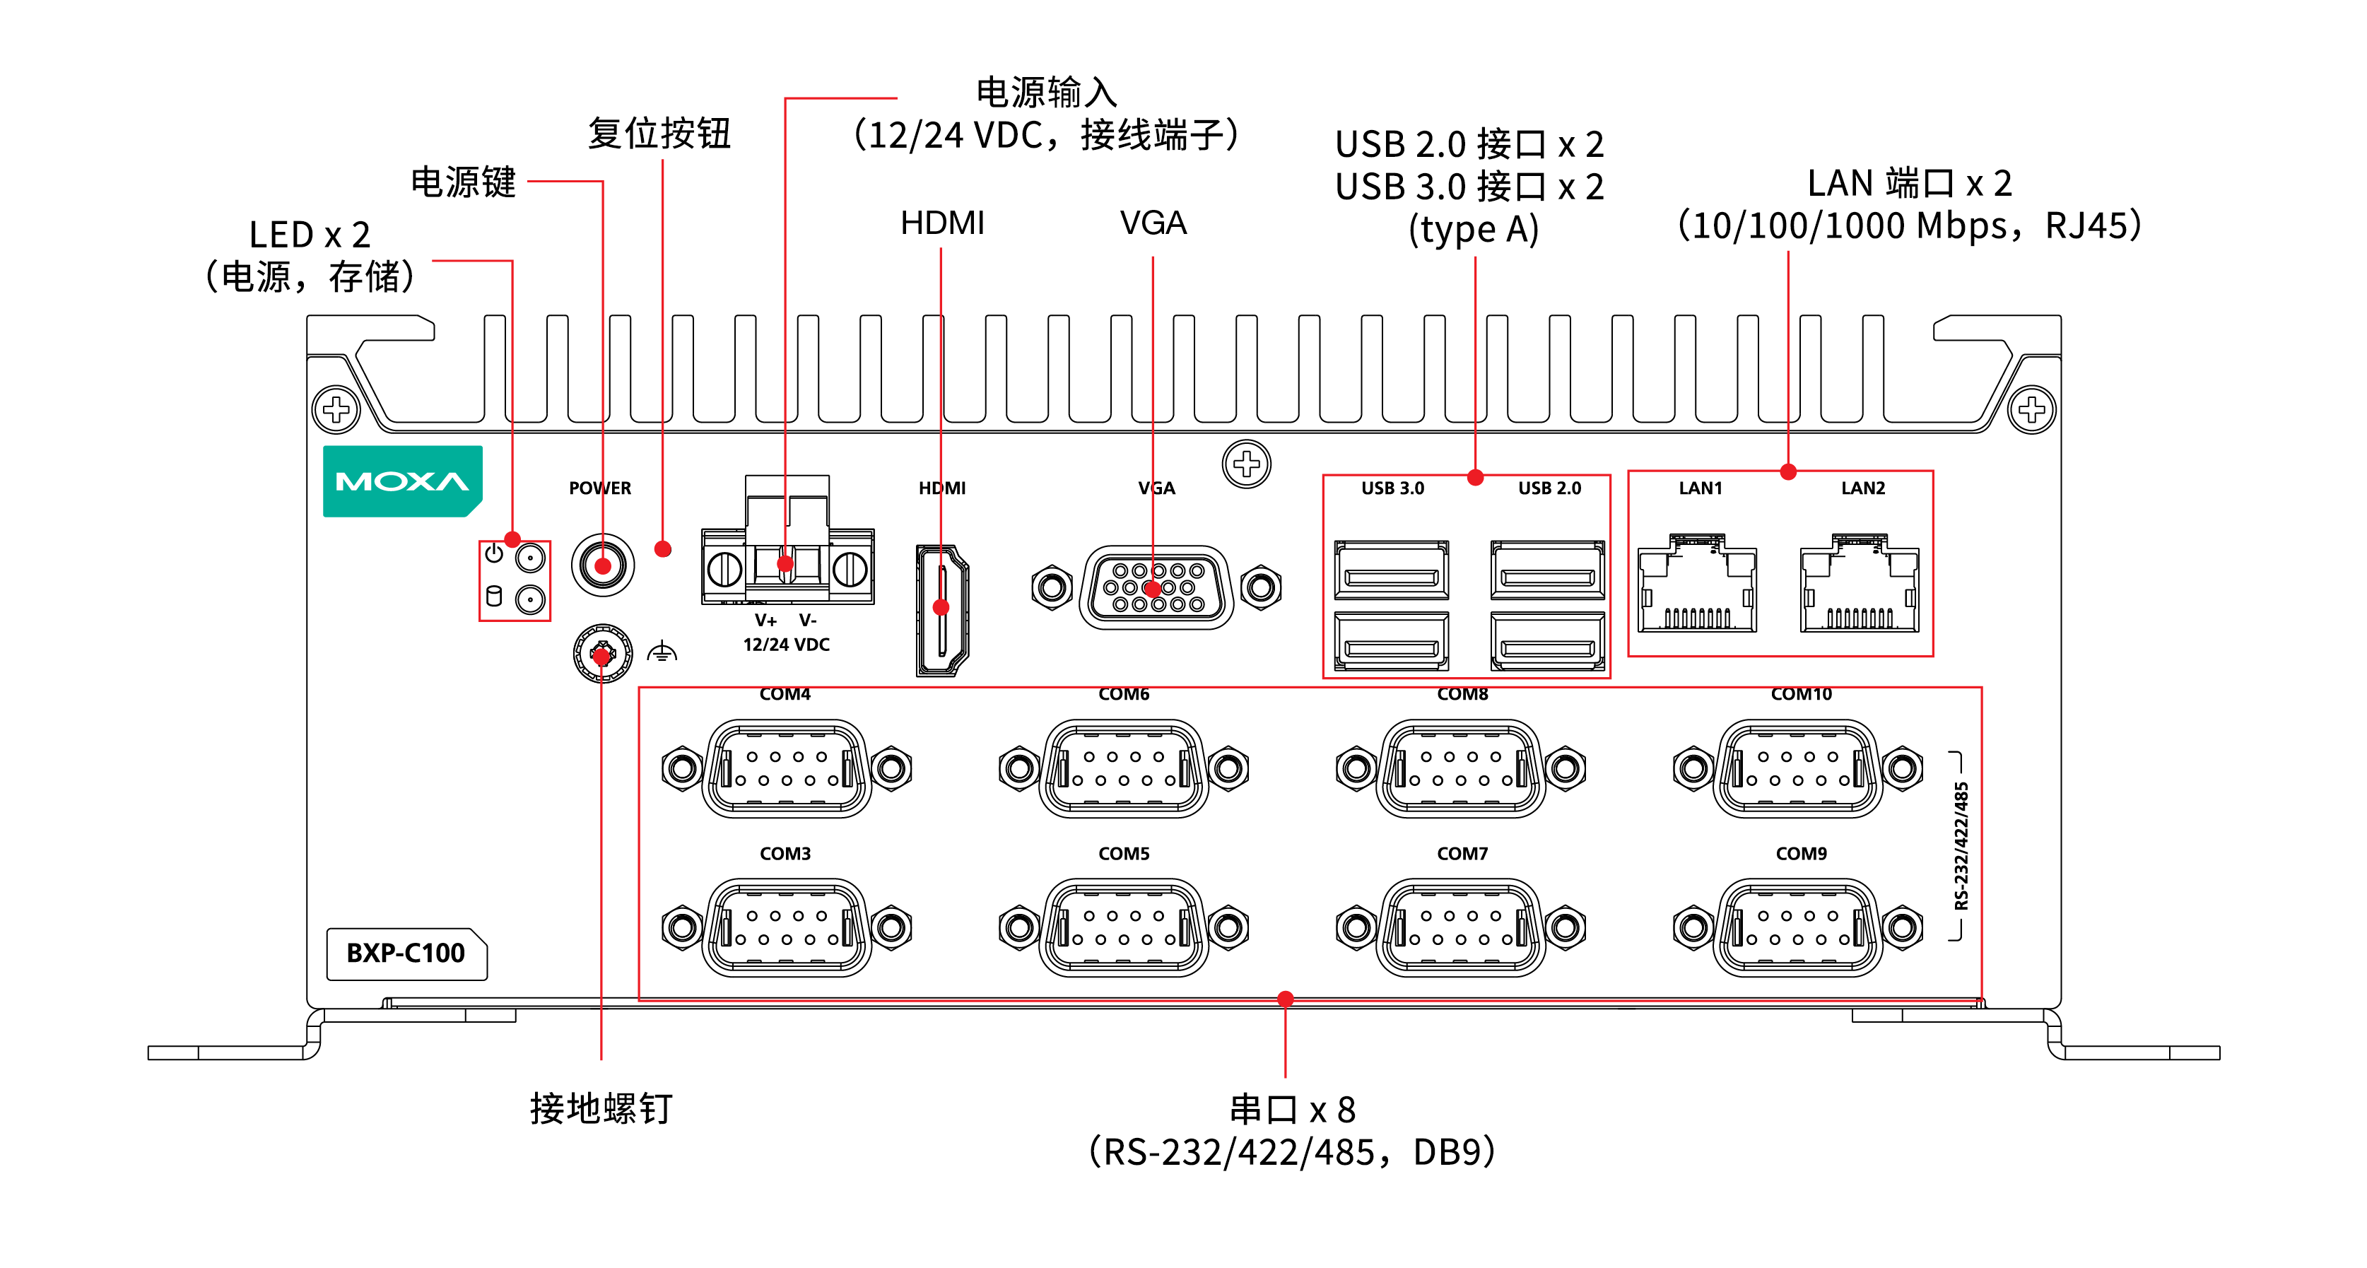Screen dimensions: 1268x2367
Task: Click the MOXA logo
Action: point(402,481)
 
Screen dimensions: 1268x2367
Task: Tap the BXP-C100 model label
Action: point(406,953)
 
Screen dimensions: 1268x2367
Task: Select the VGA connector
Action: point(1155,587)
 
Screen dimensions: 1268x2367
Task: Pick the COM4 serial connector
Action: point(787,768)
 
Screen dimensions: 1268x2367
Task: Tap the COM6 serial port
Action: point(1124,768)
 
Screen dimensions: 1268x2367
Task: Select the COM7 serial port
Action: point(1461,927)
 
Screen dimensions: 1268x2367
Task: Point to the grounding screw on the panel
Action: point(602,654)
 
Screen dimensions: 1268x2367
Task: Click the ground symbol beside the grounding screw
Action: point(662,653)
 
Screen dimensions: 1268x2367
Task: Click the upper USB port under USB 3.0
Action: point(1391,570)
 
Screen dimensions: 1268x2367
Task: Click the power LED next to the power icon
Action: point(530,557)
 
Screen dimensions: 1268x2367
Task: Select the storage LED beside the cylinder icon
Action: point(530,599)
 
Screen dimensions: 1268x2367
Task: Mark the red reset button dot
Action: point(662,549)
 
